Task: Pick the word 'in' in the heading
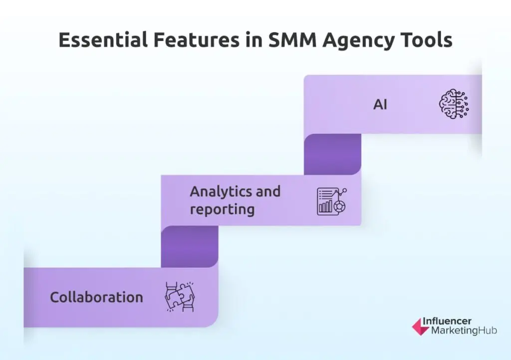254,40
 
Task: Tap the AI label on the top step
380,105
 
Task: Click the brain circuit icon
454,104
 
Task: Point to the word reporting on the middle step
222,209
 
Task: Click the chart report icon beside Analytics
332,201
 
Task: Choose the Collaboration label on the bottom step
96,297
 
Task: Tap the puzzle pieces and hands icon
180,297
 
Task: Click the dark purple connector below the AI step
332,154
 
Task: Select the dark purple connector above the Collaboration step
190,247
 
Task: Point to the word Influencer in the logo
447,321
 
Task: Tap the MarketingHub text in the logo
464,331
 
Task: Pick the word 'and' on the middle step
268,191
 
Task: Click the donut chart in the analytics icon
339,206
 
